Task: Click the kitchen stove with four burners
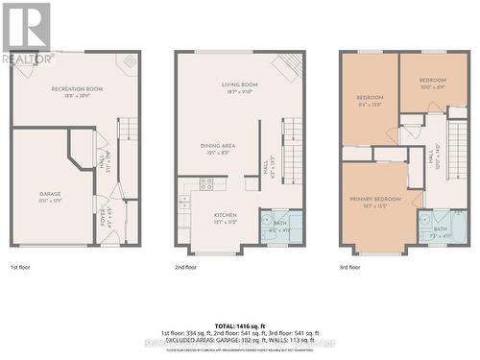point(206,182)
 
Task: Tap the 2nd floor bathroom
point(280,227)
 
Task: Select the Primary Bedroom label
point(373,202)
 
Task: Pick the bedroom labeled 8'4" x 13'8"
point(370,100)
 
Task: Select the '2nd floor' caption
point(186,267)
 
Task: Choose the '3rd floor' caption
point(350,267)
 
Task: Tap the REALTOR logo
point(26,33)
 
